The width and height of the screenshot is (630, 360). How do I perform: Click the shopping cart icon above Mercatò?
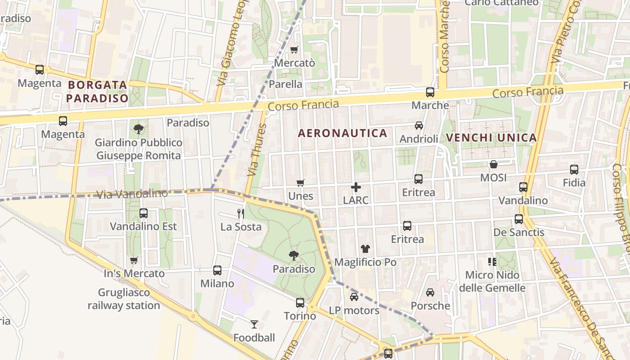294,49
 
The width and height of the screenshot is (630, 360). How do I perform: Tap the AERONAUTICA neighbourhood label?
342,133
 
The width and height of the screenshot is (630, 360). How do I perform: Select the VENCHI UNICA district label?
491,138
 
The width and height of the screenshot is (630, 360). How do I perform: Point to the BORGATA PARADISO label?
98,91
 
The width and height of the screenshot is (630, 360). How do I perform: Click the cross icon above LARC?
356,187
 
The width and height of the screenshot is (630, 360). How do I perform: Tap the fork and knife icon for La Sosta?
241,213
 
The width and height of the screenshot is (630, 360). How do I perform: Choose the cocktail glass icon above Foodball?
254,324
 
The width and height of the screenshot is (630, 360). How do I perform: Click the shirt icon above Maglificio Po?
365,248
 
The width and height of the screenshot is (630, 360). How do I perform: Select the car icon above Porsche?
430,292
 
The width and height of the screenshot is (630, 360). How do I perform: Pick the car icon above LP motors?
354,297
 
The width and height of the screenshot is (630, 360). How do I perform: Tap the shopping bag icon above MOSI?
494,164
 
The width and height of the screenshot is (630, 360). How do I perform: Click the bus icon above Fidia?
574,170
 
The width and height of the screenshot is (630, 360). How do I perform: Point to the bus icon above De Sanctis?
519,219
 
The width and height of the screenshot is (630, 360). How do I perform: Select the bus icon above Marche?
430,92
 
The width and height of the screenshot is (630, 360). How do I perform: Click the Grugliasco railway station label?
124,299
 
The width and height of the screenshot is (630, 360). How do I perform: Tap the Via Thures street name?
257,150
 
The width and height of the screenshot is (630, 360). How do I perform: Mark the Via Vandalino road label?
132,194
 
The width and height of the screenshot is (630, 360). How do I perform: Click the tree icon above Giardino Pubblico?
139,129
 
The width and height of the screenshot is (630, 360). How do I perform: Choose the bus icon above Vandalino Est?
144,213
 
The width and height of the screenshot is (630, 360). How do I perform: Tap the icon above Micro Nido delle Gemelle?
492,261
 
